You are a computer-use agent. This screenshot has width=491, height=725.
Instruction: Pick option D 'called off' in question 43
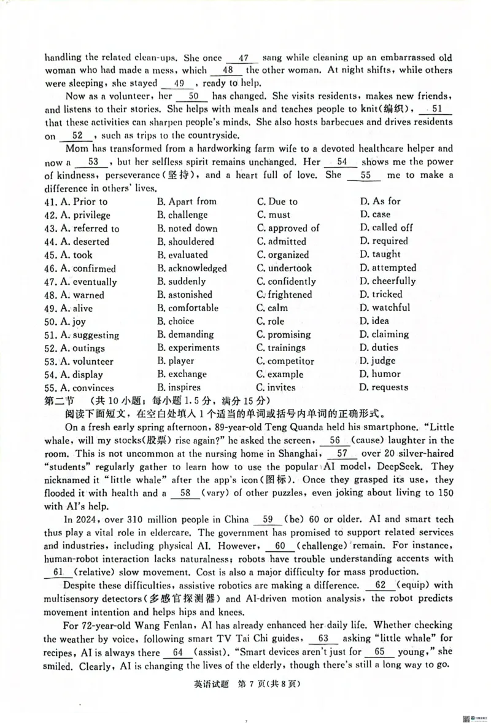click(386, 228)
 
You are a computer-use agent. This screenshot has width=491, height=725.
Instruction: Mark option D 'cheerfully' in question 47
click(387, 281)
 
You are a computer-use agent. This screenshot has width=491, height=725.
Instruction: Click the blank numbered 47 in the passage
click(242, 58)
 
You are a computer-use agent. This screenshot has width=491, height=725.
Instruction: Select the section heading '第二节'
click(59, 401)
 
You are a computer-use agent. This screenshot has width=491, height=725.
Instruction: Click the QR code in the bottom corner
click(466, 719)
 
